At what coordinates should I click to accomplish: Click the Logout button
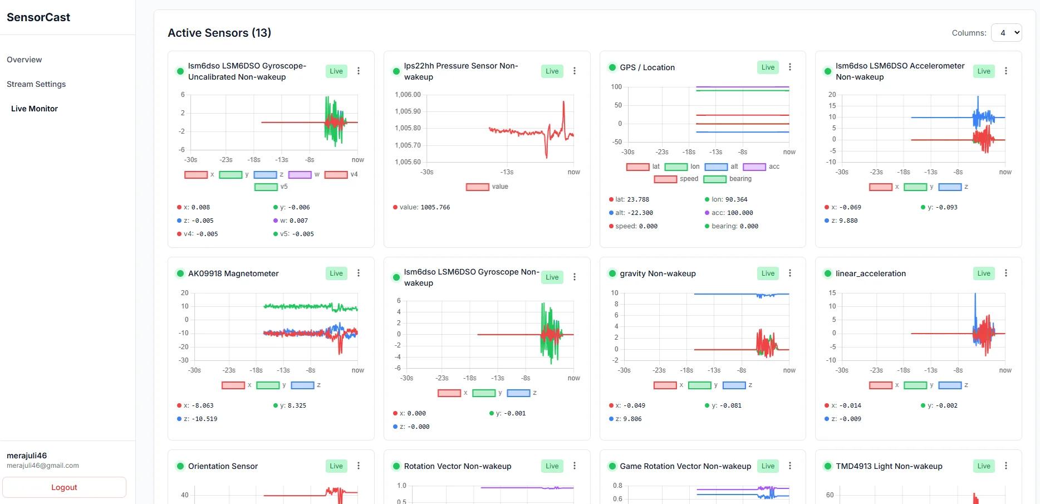pos(64,487)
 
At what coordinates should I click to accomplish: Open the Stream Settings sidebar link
pos(36,84)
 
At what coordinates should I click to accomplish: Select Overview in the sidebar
pos(24,60)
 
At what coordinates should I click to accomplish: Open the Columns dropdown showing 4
pos(1007,33)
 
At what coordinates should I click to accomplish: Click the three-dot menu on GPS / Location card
pos(790,67)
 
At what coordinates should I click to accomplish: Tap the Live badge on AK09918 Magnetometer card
pos(336,273)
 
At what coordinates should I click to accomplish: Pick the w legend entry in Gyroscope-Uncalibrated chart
pos(304,174)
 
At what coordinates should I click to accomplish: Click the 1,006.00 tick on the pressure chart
pos(408,95)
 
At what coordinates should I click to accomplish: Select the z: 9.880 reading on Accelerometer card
pos(844,221)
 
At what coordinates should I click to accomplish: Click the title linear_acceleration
pos(871,273)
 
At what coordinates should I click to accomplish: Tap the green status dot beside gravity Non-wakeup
pos(612,273)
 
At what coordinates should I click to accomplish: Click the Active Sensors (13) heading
pos(219,33)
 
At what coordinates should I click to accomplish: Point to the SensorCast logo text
pos(38,17)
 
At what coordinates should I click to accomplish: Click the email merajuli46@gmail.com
pos(43,466)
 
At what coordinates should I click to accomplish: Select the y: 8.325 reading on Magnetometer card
pos(293,405)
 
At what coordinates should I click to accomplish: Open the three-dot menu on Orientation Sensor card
pos(359,466)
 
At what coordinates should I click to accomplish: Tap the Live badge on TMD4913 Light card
pos(984,466)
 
